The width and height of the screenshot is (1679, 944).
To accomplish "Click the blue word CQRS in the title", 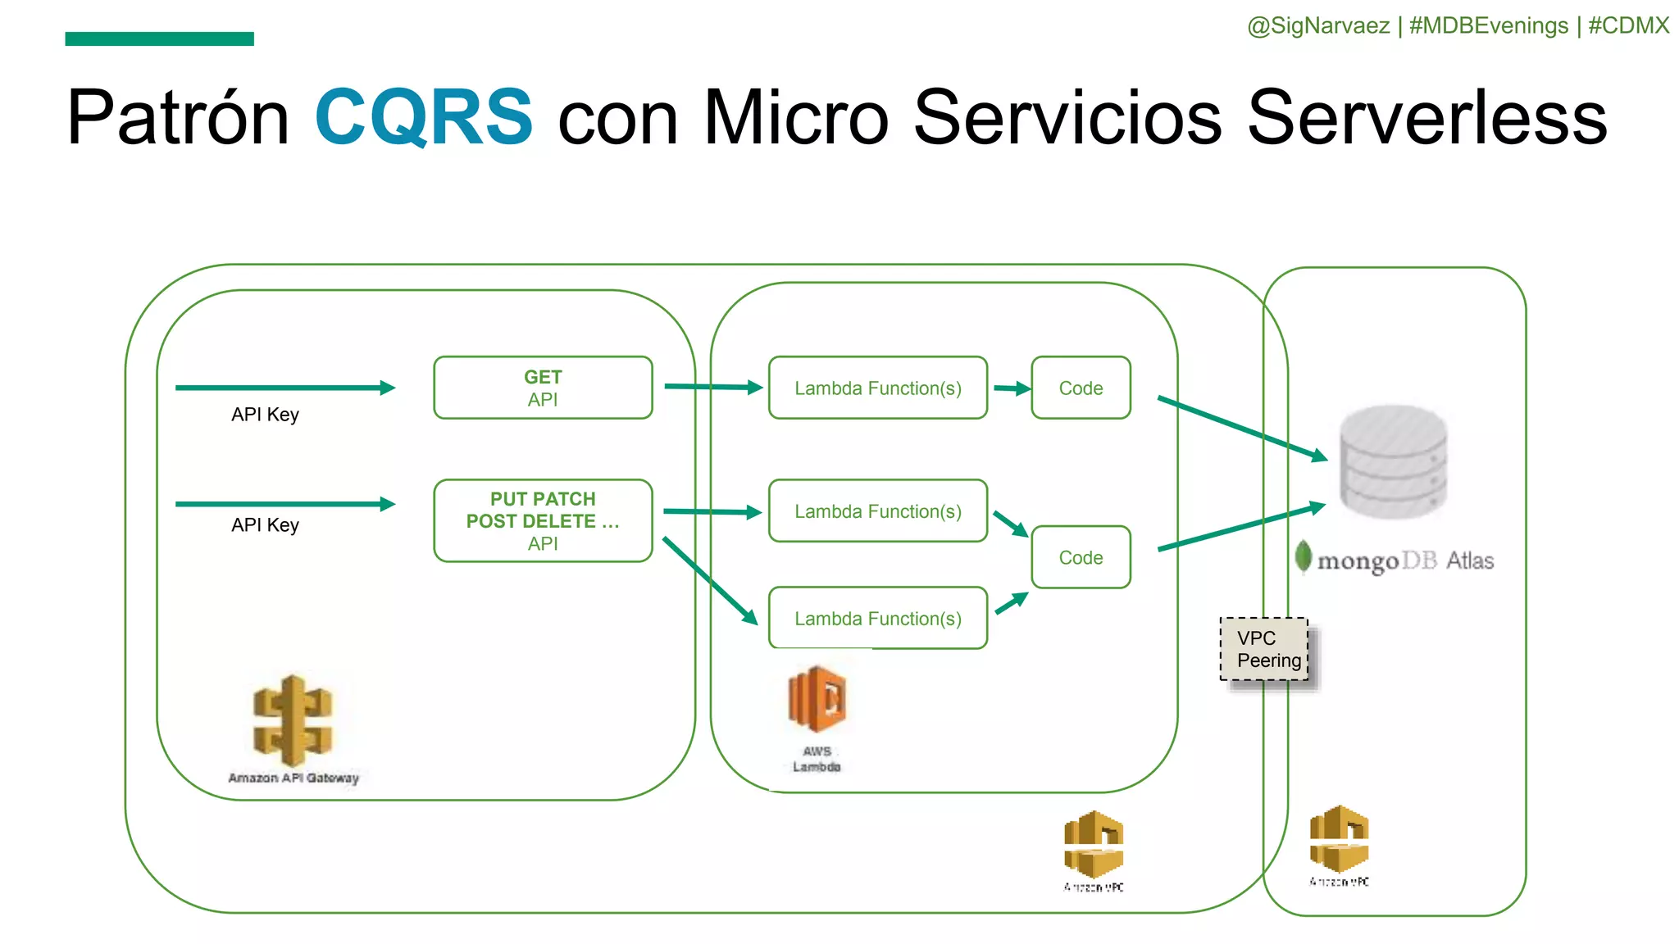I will pyautogui.click(x=424, y=117).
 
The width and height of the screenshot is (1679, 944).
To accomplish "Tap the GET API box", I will pyautogui.click(x=543, y=388).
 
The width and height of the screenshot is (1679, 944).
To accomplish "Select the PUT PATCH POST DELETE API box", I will pyautogui.click(x=543, y=520).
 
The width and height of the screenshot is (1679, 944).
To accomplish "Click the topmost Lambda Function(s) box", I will pyautogui.click(x=877, y=388).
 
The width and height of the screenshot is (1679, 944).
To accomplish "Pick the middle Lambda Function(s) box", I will pyautogui.click(x=877, y=511).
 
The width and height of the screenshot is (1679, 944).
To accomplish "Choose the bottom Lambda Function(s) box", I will pyautogui.click(x=877, y=618).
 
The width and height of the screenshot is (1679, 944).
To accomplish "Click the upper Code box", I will pyautogui.click(x=1081, y=388).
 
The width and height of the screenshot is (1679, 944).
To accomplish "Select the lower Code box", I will pyautogui.click(x=1081, y=557).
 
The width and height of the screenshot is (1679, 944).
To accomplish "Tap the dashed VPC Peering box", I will pyautogui.click(x=1264, y=649).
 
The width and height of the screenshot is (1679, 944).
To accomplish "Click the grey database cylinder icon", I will pyautogui.click(x=1393, y=461).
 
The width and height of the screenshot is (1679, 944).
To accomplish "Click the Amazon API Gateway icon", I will pyautogui.click(x=293, y=720).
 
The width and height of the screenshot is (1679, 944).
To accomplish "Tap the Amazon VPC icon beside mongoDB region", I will pyautogui.click(x=1339, y=839).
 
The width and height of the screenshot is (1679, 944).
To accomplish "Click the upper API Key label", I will pyautogui.click(x=265, y=415).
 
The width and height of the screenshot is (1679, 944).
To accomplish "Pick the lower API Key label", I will pyautogui.click(x=265, y=525).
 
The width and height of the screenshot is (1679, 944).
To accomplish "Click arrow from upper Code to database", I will pyautogui.click(x=1241, y=429).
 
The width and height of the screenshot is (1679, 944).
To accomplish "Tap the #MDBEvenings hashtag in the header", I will pyautogui.click(x=1488, y=25).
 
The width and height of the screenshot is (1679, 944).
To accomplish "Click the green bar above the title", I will pyautogui.click(x=159, y=39).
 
